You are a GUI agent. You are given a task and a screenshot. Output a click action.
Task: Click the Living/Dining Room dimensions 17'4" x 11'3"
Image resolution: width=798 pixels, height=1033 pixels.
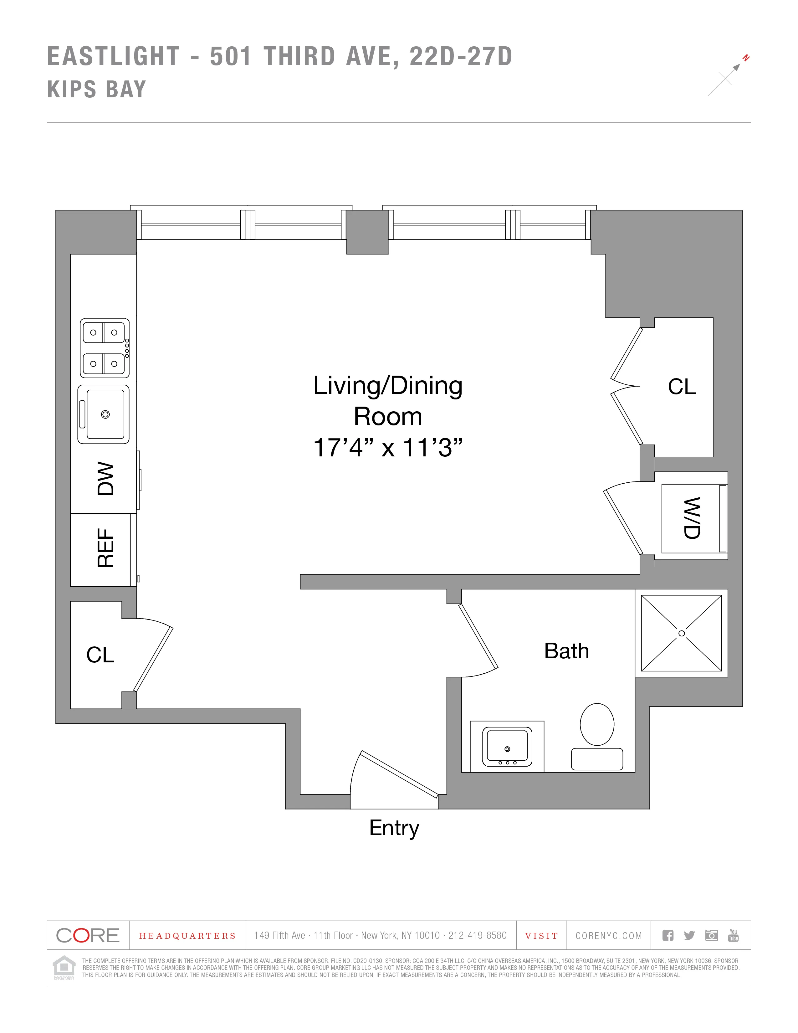388,447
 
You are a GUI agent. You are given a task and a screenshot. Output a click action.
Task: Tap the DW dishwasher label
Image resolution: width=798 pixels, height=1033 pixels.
106,479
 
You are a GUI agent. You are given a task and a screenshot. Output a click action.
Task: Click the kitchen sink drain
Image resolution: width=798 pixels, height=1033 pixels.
105,414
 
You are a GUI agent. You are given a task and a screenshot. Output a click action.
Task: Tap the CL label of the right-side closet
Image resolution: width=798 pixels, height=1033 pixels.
682,387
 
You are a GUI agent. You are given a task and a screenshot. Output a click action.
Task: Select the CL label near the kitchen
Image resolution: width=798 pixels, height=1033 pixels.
100,655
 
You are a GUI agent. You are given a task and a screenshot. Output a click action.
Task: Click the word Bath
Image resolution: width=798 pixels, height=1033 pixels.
566,651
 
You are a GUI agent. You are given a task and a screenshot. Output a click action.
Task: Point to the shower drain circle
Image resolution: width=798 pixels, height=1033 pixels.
681,633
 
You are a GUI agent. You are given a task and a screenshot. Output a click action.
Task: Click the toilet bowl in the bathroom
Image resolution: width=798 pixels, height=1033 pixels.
597,724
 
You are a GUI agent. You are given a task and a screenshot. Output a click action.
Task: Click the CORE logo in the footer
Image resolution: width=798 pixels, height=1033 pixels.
88,936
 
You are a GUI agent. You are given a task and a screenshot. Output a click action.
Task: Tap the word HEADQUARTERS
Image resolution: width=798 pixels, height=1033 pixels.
187,936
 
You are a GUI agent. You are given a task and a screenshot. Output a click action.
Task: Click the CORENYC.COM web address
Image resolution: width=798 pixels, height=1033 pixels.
608,936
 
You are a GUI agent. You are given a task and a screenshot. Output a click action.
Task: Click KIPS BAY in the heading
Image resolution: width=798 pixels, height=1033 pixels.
97,90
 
